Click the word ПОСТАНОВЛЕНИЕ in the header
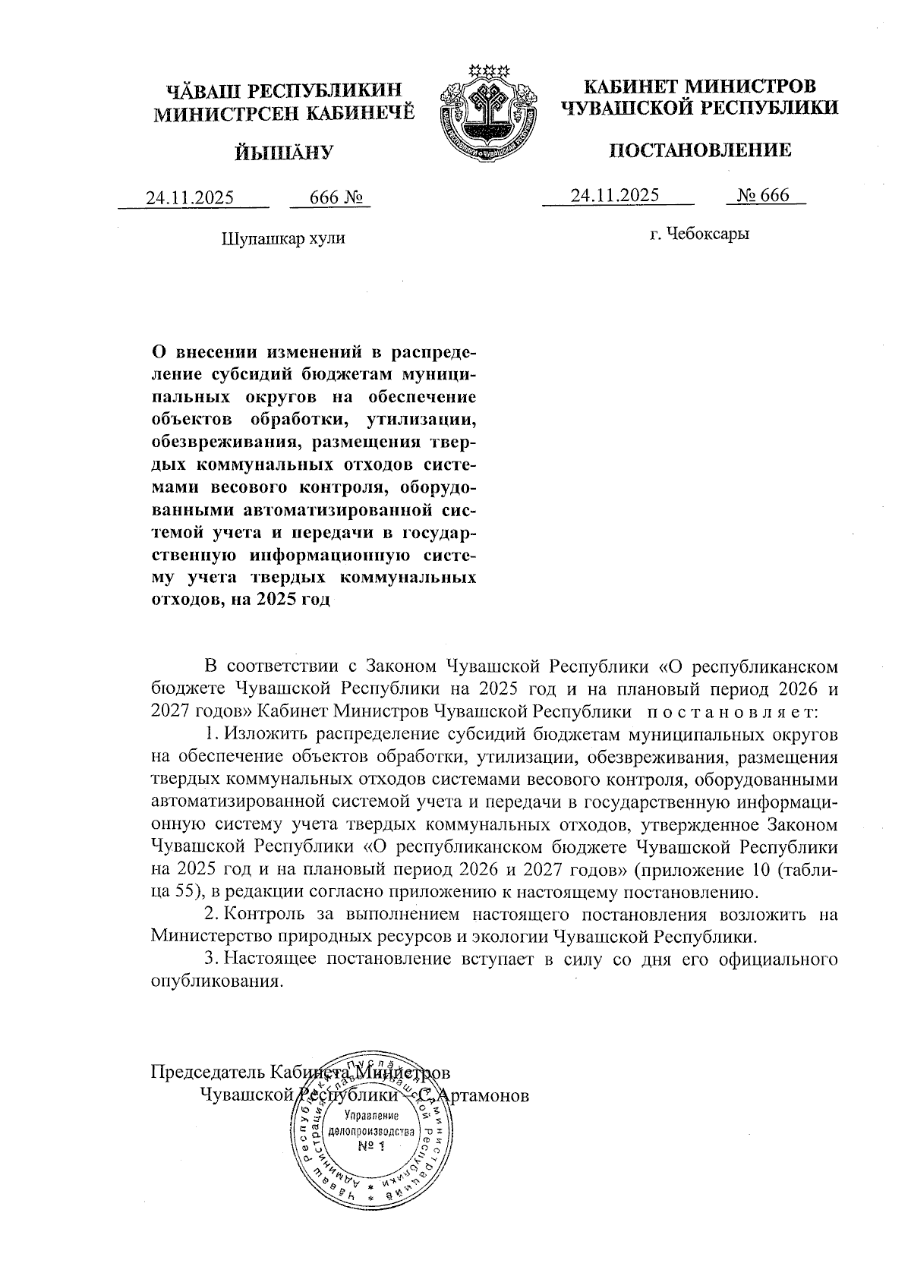click(x=700, y=150)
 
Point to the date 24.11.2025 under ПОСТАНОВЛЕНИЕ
click(x=615, y=195)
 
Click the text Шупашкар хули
click(x=282, y=238)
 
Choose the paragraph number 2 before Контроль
click(x=212, y=915)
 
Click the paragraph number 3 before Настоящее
click(x=212, y=959)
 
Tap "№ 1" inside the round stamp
click(x=372, y=1145)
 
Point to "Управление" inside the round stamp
click(x=371, y=1115)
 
